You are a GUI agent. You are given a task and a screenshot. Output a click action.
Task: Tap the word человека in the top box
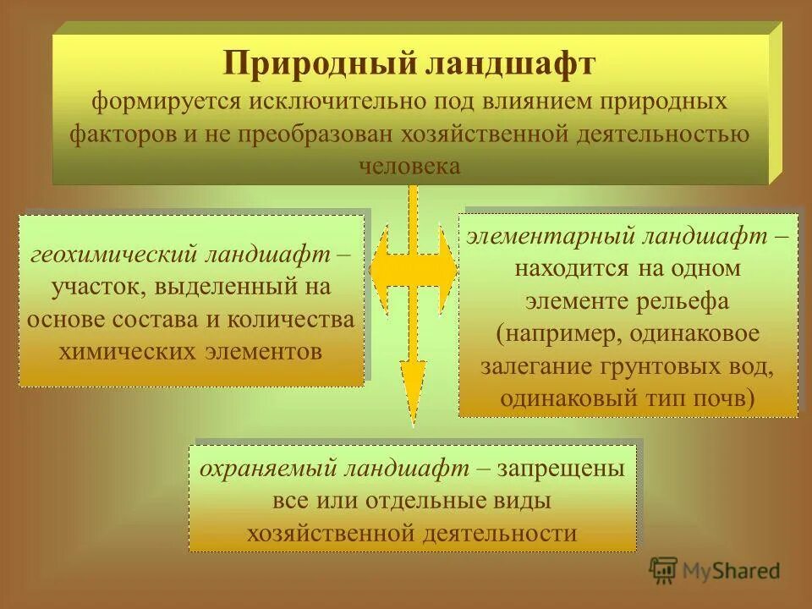click(x=409, y=165)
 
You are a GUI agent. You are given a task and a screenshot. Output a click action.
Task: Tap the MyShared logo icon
click(x=663, y=571)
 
